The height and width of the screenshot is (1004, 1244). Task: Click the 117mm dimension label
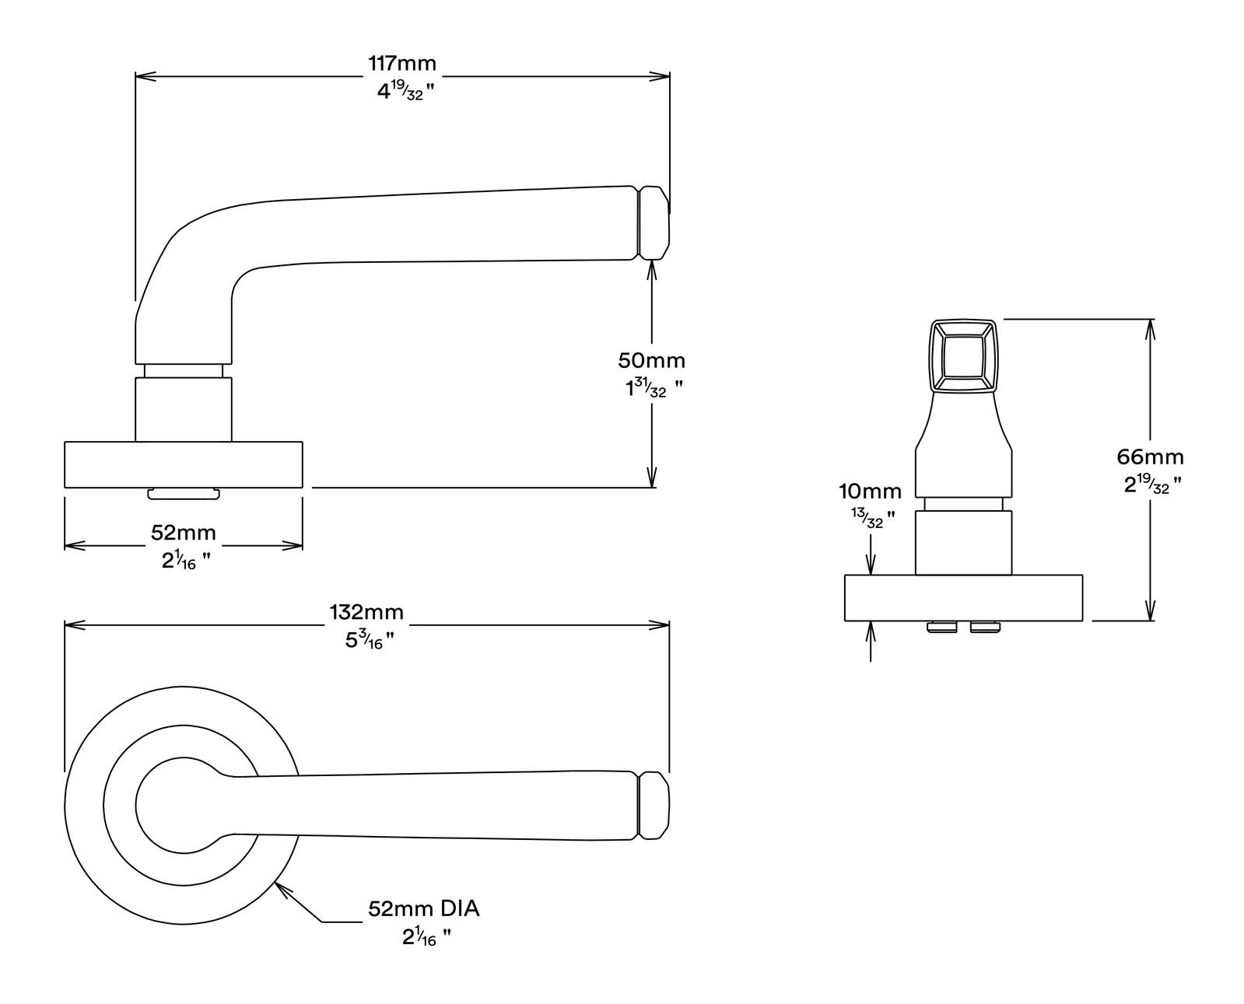tap(401, 63)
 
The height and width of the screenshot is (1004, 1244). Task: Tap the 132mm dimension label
tap(366, 612)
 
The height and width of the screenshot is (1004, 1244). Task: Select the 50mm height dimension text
tap(651, 361)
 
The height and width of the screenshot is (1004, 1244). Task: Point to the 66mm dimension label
tap(1150, 457)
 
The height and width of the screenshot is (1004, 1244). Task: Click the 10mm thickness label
tap(871, 492)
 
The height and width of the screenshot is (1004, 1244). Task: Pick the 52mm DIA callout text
tap(423, 909)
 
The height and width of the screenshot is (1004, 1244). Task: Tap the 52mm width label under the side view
tap(184, 533)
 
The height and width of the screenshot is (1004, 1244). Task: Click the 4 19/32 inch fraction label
tap(405, 90)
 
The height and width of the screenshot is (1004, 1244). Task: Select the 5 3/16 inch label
tap(369, 640)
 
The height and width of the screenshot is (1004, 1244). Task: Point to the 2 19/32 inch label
tap(1152, 484)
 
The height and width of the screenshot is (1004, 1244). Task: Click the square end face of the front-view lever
tap(963, 355)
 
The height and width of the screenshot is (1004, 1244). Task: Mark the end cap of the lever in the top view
tap(654, 806)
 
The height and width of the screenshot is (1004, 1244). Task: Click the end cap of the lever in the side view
tap(654, 223)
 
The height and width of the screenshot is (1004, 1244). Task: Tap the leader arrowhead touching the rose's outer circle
tap(281, 890)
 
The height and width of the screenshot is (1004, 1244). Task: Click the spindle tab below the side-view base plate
tap(184, 494)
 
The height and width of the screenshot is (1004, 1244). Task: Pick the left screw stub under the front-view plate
tap(941, 627)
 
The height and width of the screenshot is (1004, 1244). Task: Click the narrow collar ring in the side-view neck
tap(184, 371)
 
